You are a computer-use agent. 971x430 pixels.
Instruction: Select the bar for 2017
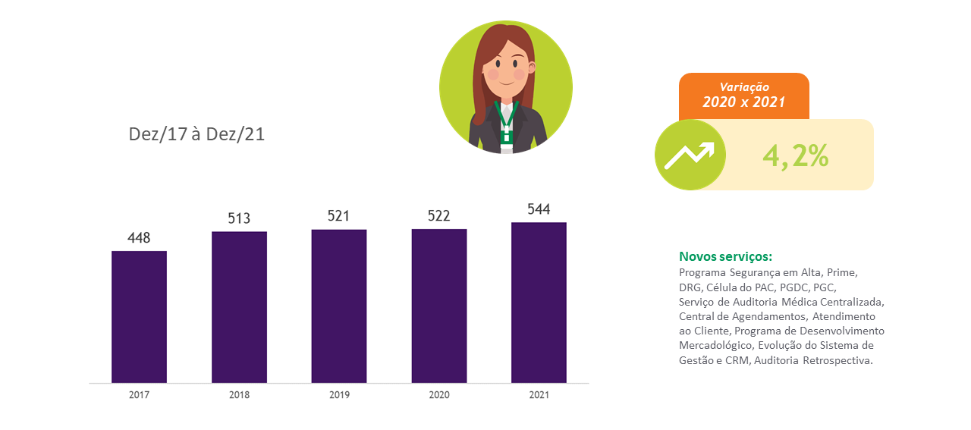tap(139, 317)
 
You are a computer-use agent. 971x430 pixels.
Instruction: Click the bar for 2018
tap(239, 307)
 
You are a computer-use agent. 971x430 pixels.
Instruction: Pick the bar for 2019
tap(339, 306)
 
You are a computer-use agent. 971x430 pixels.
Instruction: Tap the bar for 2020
tap(439, 306)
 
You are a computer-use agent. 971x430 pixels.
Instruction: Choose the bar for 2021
tap(539, 303)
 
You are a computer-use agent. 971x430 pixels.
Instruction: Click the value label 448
tap(139, 238)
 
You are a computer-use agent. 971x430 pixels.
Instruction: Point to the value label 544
tap(539, 209)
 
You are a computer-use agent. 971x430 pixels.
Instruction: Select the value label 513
tap(239, 218)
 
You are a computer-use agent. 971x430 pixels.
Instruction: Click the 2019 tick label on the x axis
tap(339, 395)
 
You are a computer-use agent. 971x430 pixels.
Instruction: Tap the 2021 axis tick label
tap(539, 395)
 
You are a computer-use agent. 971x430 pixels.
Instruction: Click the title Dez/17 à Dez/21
tap(196, 134)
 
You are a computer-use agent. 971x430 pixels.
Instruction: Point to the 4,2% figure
tap(796, 156)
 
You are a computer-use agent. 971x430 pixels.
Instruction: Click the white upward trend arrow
tap(690, 155)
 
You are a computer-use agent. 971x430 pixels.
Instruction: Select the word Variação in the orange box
tap(744, 87)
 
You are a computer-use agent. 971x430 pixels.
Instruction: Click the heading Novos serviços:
tap(726, 256)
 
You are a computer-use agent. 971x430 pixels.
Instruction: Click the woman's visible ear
tap(532, 67)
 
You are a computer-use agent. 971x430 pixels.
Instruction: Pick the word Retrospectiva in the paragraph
tap(837, 360)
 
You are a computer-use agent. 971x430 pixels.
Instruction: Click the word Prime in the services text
tap(842, 273)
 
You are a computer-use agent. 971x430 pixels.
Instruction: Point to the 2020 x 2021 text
tap(744, 102)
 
